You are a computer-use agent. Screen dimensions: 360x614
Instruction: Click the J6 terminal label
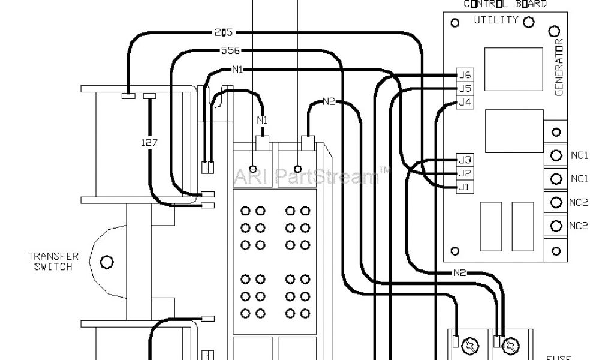pyautogui.click(x=465, y=75)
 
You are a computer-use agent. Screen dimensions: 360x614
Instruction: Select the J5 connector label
pyautogui.click(x=465, y=88)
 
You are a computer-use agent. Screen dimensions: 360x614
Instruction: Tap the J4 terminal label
pyautogui.click(x=465, y=102)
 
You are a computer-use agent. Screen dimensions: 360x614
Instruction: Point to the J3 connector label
pyautogui.click(x=465, y=160)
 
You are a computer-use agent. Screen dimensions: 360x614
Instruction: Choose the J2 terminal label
pyautogui.click(x=465, y=173)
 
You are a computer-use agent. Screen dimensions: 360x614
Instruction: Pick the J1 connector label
pyautogui.click(x=465, y=187)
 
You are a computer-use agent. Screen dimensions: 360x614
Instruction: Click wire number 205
pyautogui.click(x=223, y=32)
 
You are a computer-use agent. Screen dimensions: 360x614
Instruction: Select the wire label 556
pyautogui.click(x=231, y=51)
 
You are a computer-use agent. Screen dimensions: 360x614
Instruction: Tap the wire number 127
pyautogui.click(x=149, y=142)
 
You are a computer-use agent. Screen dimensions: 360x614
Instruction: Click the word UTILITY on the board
pyautogui.click(x=496, y=20)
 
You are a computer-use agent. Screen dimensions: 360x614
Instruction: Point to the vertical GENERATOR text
pyautogui.click(x=558, y=67)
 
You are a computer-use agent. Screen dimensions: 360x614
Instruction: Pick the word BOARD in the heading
pyautogui.click(x=531, y=4)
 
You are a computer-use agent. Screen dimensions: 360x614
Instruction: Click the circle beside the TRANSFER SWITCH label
pyautogui.click(x=107, y=262)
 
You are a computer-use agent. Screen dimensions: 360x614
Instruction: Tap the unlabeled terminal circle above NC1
pyautogui.click(x=556, y=132)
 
